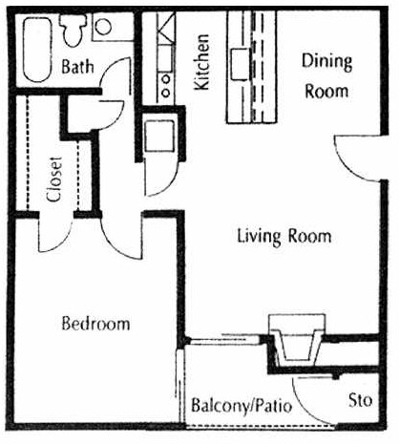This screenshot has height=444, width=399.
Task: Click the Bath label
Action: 76,68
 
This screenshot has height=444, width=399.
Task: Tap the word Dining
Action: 326,62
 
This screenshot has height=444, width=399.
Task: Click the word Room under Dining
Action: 326,93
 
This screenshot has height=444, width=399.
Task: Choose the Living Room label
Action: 283,235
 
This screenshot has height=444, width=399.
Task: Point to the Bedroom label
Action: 94,324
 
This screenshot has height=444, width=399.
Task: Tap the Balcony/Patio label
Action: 241,404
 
